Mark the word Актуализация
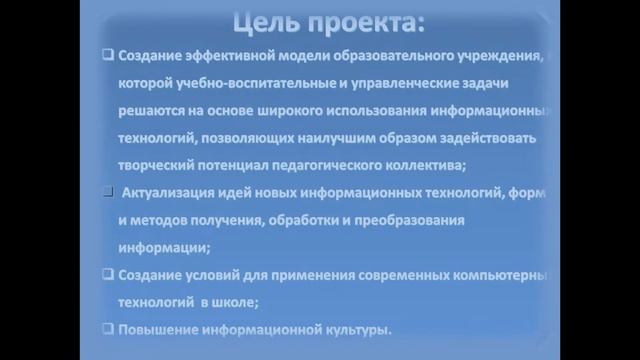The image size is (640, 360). point(178,191)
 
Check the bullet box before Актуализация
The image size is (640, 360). point(107,190)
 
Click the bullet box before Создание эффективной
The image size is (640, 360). point(107,57)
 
